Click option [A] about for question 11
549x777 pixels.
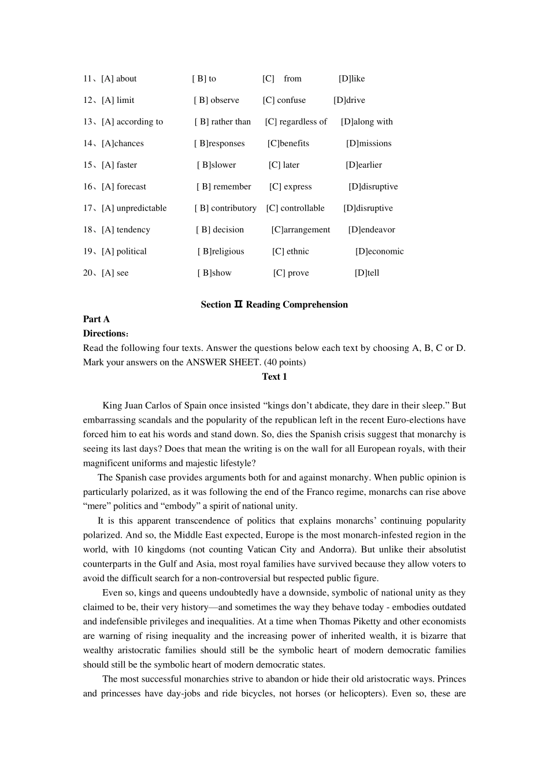click(x=119, y=79)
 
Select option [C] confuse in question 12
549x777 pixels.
click(x=284, y=100)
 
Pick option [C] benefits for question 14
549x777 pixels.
click(x=288, y=143)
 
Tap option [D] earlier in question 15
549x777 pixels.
click(x=364, y=165)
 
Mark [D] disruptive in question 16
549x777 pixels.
click(x=373, y=187)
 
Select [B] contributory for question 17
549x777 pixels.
click(x=225, y=208)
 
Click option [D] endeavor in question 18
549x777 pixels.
click(x=372, y=230)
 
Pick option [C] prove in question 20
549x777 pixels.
click(x=291, y=273)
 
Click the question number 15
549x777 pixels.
click(x=88, y=165)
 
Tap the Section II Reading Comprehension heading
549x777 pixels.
click(x=274, y=305)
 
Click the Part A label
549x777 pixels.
click(x=97, y=319)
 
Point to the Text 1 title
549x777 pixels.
click(x=274, y=376)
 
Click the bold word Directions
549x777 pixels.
click(x=105, y=334)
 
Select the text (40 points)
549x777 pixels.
click(x=285, y=362)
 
